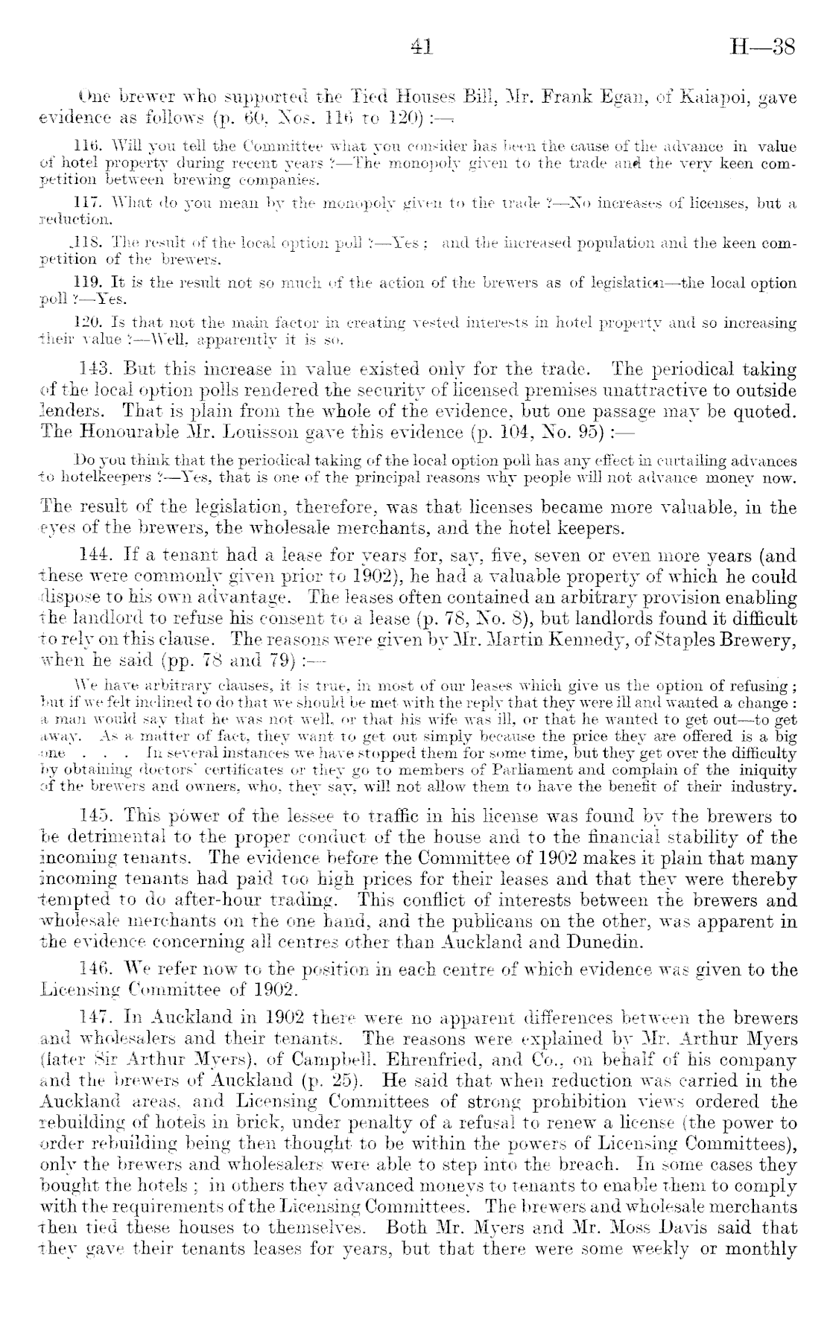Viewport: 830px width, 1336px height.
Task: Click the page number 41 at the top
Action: click(422, 48)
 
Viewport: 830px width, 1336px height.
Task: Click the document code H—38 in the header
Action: click(764, 48)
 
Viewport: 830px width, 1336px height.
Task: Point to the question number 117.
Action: click(92, 203)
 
